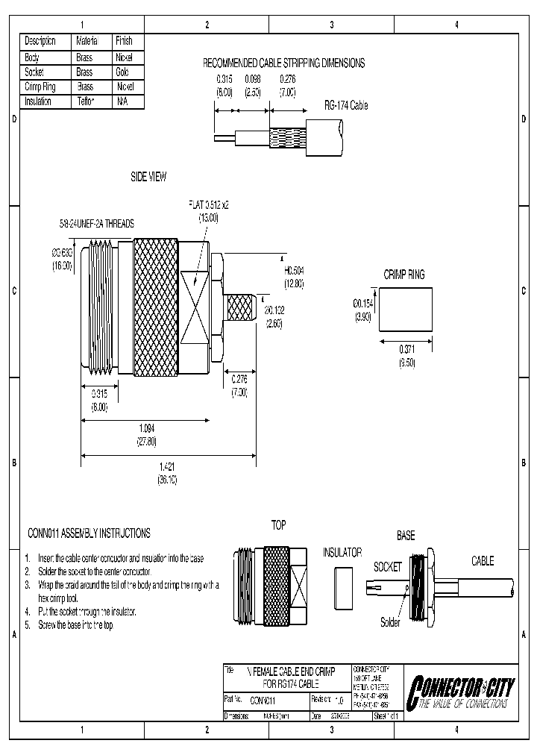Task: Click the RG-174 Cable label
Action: click(345, 106)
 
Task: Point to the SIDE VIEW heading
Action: click(148, 177)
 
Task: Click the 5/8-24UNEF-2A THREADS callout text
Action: click(98, 223)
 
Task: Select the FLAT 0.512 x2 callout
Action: click(208, 204)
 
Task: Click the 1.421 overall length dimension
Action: click(166, 466)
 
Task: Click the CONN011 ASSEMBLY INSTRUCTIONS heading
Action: click(88, 533)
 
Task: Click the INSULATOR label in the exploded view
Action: click(342, 553)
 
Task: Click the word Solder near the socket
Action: click(390, 622)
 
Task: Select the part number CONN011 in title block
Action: click(263, 701)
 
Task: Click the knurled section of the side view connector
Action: click(156, 306)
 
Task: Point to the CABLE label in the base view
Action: click(482, 561)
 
